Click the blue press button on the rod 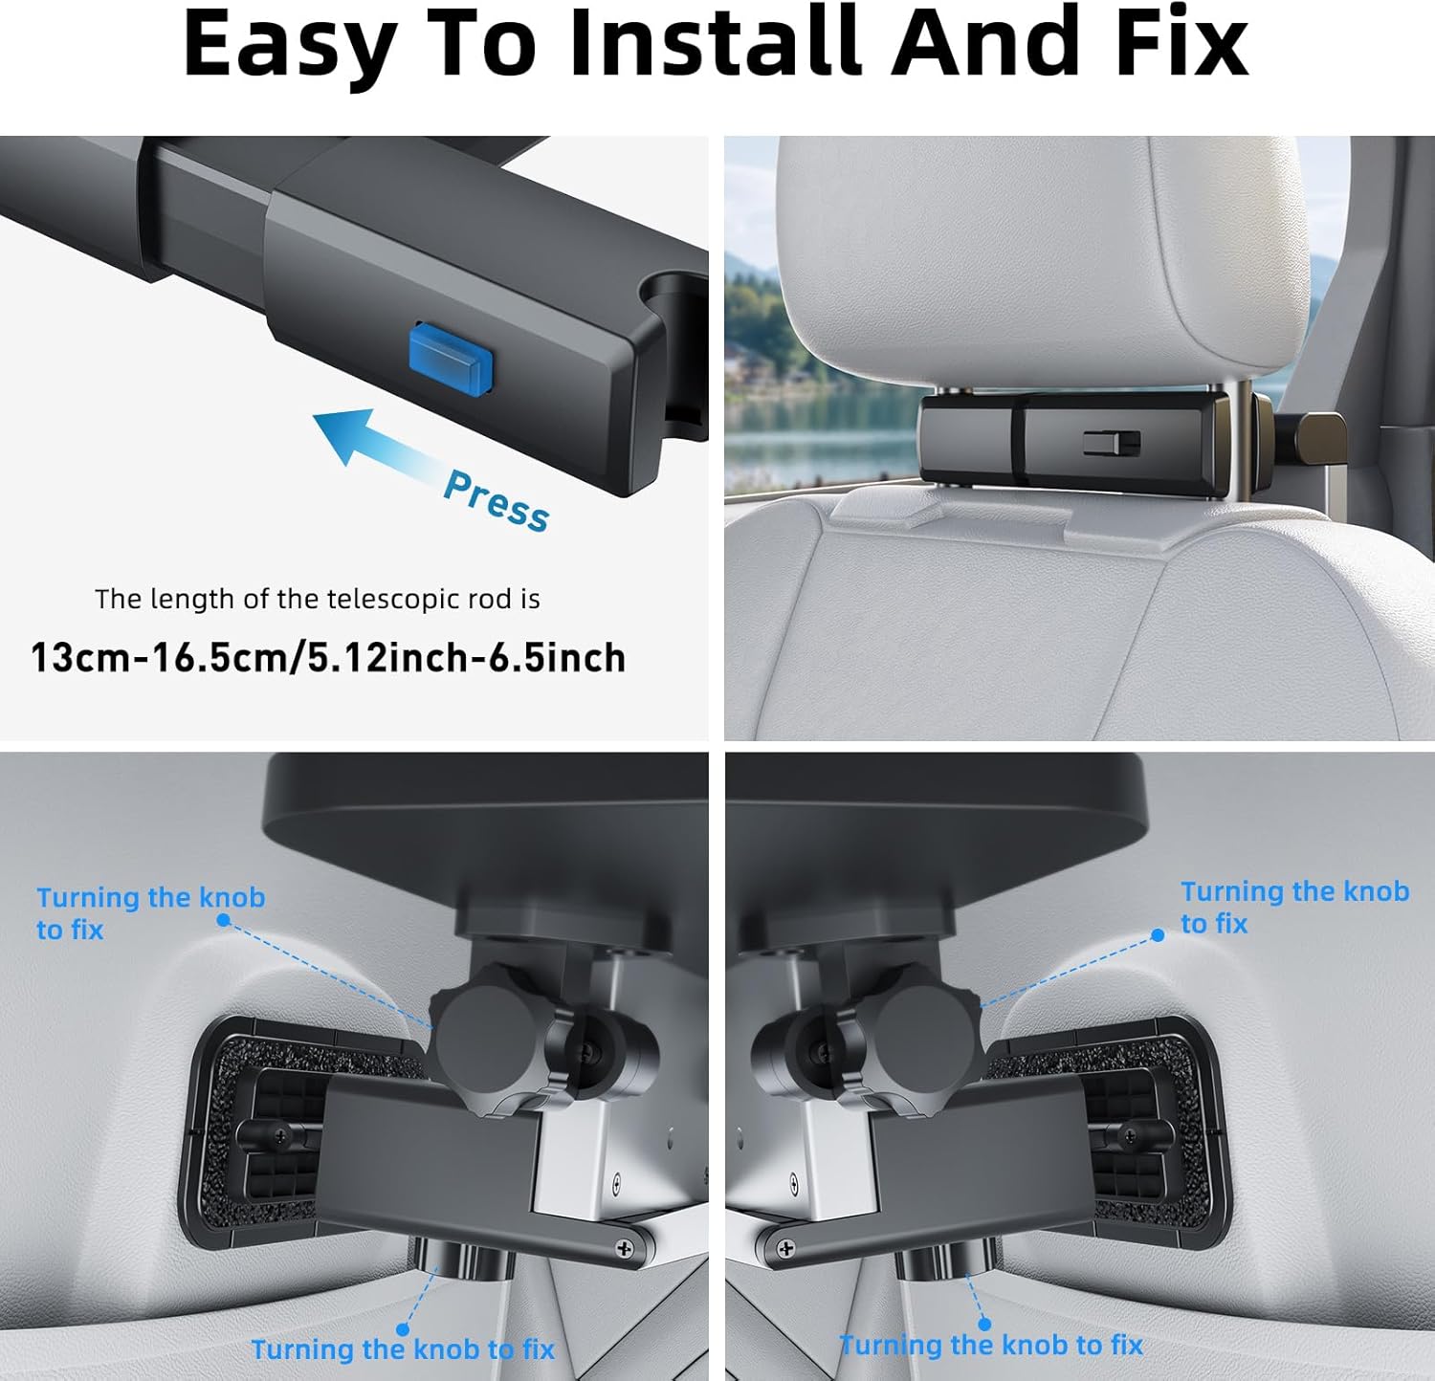click(x=450, y=359)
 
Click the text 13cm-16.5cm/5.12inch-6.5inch click(x=328, y=658)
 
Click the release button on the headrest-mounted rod click(x=1111, y=443)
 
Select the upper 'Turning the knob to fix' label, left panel click(x=150, y=912)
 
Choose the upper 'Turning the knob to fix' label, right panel click(x=1293, y=907)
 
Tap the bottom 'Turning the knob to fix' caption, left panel click(x=403, y=1349)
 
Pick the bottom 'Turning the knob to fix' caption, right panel click(x=991, y=1346)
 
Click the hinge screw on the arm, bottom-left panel click(x=625, y=1248)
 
